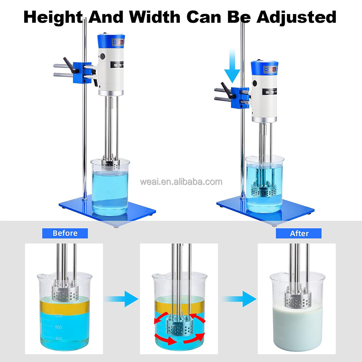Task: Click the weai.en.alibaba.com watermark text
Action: tap(181, 181)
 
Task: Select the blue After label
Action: tap(299, 233)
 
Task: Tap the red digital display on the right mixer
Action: tap(273, 69)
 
